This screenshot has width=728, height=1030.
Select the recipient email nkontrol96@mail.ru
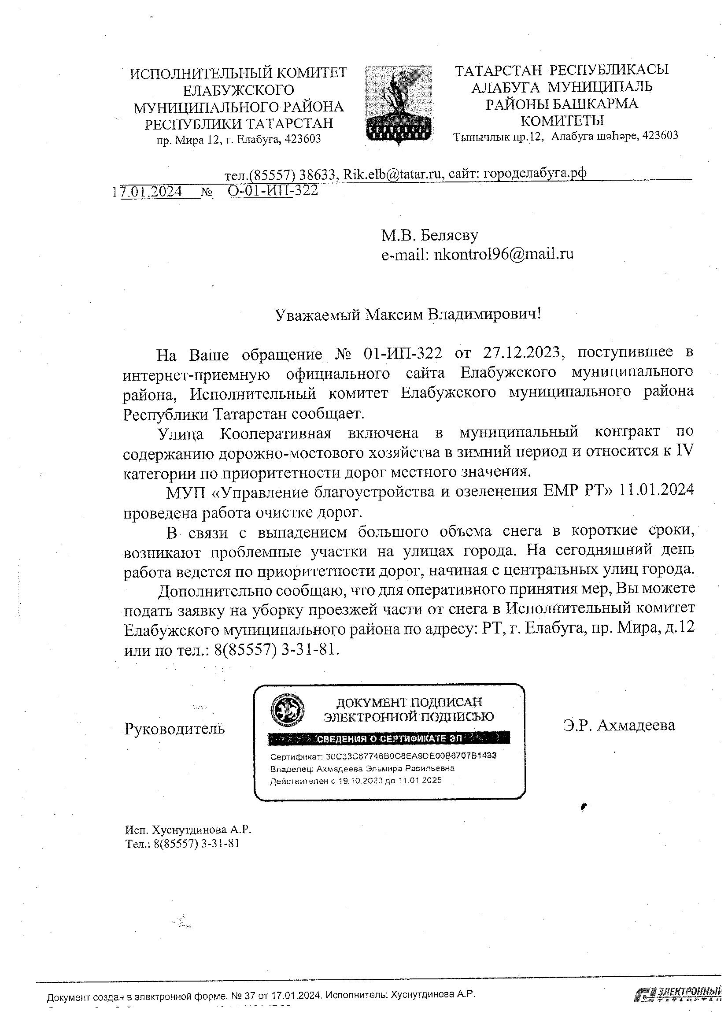pos(504,254)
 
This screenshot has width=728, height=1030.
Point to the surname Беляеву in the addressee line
pos(450,235)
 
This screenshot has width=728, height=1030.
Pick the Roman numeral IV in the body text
pos(684,451)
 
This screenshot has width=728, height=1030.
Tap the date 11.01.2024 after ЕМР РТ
pos(656,490)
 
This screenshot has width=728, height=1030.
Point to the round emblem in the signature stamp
pos(287,710)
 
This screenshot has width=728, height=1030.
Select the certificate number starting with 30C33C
pos(411,756)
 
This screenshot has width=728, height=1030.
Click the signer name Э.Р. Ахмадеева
pos(619,725)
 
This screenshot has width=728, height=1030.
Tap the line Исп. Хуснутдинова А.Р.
pos(188,830)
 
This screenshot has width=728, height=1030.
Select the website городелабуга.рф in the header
pos(533,173)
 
